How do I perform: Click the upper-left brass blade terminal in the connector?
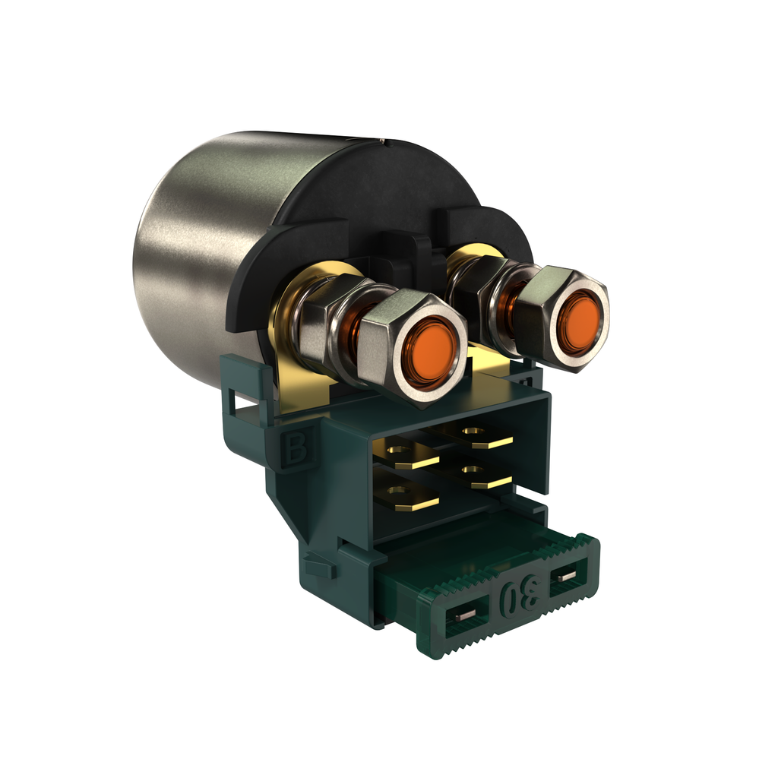410,455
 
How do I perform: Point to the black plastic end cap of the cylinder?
380,190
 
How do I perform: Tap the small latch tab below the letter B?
318,566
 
